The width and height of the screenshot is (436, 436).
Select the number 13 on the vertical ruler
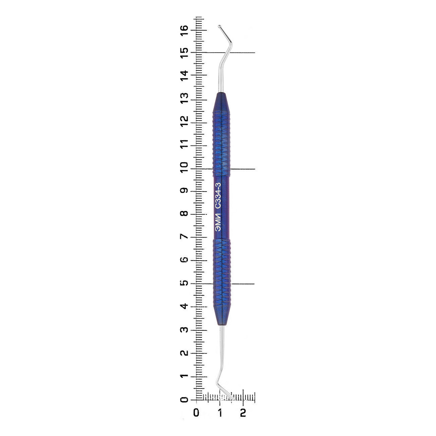(x=184, y=98)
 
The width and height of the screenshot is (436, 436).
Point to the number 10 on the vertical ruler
(x=184, y=167)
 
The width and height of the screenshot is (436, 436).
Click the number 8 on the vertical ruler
(x=184, y=213)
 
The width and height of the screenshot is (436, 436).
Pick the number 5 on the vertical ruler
(x=184, y=283)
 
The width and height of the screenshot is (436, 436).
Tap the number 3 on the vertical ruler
(x=184, y=329)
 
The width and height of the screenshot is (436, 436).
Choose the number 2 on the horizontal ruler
(x=243, y=413)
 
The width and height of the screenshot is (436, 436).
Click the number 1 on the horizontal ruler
(x=220, y=413)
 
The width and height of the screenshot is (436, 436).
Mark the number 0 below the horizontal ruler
(x=196, y=413)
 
